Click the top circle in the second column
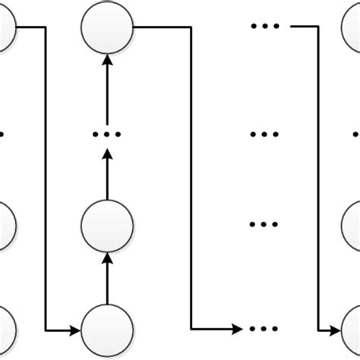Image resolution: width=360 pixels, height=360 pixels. pyautogui.click(x=107, y=28)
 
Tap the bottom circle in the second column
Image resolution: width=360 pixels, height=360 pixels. pyautogui.click(x=107, y=331)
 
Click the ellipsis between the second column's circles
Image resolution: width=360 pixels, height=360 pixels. pyautogui.click(x=107, y=134)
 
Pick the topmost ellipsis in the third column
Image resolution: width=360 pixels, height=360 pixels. pyautogui.click(x=265, y=28)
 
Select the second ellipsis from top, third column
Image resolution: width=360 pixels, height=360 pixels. pyautogui.click(x=265, y=134)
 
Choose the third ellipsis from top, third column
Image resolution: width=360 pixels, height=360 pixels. pyautogui.click(x=265, y=226)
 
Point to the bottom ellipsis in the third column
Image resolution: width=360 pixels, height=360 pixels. pyautogui.click(x=265, y=331)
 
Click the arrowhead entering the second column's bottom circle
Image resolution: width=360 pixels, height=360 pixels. pyautogui.click(x=76, y=331)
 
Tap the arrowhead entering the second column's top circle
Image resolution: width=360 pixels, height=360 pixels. pyautogui.click(x=107, y=60)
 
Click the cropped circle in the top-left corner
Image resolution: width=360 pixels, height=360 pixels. pyautogui.click(x=5, y=28)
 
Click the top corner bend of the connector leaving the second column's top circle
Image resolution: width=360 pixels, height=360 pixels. pyautogui.click(x=190, y=28)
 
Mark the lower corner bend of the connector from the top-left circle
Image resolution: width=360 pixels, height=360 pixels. pyautogui.click(x=46, y=331)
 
